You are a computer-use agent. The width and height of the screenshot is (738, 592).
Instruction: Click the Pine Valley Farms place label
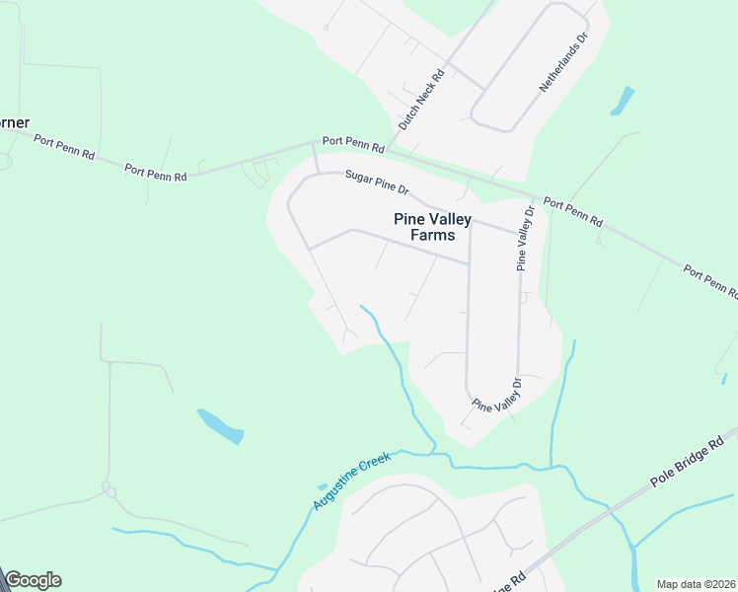pyautogui.click(x=432, y=227)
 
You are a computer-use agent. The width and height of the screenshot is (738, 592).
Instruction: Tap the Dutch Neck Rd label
pyautogui.click(x=421, y=100)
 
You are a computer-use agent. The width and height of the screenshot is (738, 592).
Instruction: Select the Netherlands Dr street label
pyautogui.click(x=563, y=62)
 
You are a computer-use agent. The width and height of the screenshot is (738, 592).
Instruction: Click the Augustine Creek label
pyautogui.click(x=352, y=481)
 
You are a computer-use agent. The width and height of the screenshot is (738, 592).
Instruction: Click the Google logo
pyautogui.click(x=33, y=580)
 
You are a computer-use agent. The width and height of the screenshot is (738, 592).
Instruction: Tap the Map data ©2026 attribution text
pyautogui.click(x=697, y=584)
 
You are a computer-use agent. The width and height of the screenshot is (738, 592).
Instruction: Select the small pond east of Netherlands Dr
pyautogui.click(x=623, y=101)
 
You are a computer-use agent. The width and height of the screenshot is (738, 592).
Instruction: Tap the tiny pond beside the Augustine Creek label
pyautogui.click(x=323, y=486)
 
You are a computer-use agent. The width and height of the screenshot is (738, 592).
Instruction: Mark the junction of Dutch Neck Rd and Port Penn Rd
pyautogui.click(x=391, y=151)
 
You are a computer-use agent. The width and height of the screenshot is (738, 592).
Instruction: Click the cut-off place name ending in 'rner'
pyautogui.click(x=14, y=122)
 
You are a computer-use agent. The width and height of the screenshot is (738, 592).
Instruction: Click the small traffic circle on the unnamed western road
pyautogui.click(x=108, y=489)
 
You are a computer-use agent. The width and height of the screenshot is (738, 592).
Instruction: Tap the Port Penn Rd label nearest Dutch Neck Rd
pyautogui.click(x=352, y=144)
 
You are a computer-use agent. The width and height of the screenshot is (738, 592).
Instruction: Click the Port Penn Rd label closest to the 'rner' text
pyautogui.click(x=63, y=147)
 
